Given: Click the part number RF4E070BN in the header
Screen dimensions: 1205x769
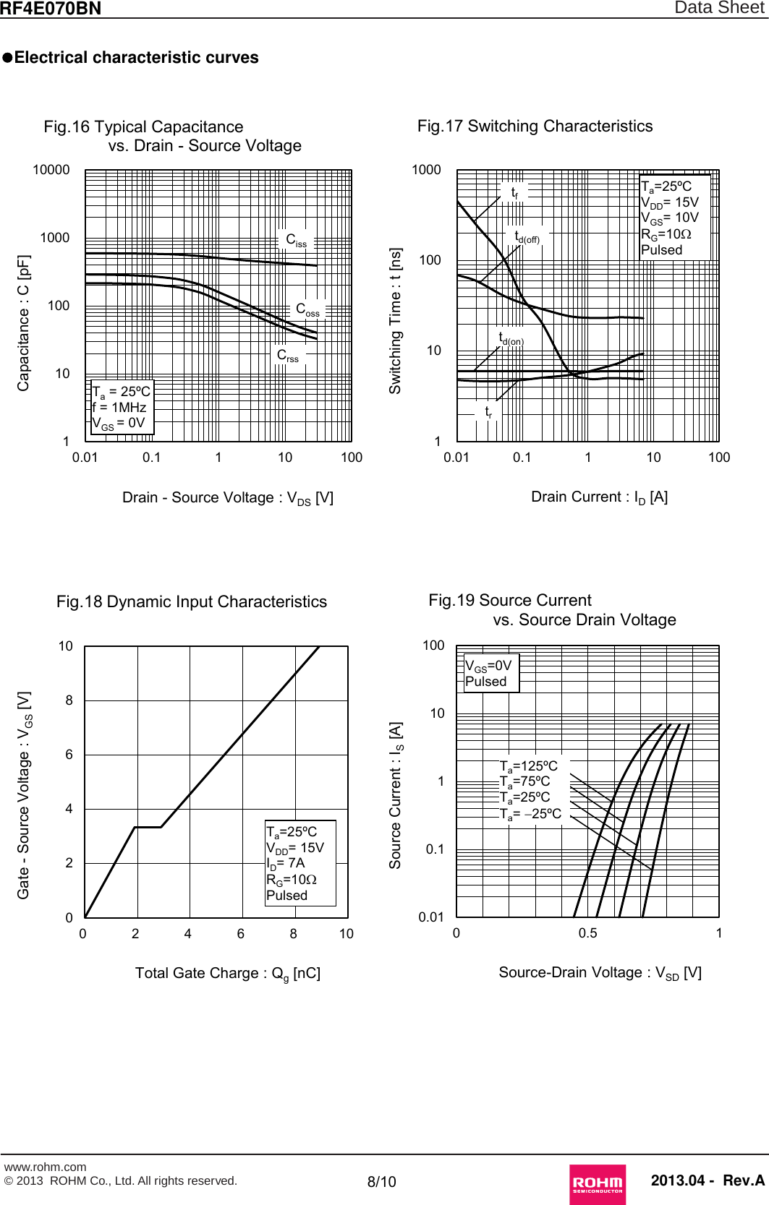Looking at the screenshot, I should [x=51, y=9].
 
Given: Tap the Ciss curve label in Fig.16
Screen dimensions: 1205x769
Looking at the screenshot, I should [x=296, y=240].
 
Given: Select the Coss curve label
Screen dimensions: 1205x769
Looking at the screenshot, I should [x=307, y=310].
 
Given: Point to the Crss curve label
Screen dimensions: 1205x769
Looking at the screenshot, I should [x=287, y=356].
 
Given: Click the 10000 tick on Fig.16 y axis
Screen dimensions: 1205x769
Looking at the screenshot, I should [x=51, y=170].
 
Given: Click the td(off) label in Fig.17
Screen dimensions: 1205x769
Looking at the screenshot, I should [x=527, y=237].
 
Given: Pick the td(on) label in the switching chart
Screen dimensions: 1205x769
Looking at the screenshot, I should [x=511, y=338].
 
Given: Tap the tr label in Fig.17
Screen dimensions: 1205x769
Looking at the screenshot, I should [x=488, y=411].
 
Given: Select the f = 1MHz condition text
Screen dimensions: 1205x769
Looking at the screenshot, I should [x=119, y=408].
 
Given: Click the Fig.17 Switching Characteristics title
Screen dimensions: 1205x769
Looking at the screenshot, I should [x=535, y=126].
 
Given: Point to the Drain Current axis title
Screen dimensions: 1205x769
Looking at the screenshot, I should [x=599, y=497].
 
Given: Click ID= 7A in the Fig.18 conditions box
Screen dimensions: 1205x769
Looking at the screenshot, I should [x=286, y=863].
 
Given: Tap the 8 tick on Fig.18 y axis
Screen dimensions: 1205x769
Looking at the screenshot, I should [x=69, y=700].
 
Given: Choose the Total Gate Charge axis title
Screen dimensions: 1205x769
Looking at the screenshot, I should [x=227, y=974].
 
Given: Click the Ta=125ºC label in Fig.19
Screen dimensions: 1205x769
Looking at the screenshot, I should [x=529, y=766].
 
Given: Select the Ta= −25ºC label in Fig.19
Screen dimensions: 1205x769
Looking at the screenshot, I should [x=530, y=814].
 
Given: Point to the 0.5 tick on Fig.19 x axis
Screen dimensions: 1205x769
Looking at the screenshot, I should [x=587, y=933].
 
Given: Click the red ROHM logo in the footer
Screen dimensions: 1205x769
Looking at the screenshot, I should [x=597, y=1183].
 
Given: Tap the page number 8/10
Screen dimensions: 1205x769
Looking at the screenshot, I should [x=381, y=1182].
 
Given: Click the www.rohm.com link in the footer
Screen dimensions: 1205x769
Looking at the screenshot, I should [x=45, y=1167].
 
